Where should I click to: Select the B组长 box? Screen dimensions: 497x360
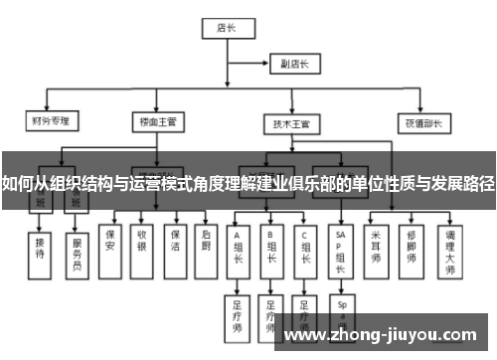coord(271,248)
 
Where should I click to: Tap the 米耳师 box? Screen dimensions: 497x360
coord(376,246)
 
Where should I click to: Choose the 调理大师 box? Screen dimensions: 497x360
coord(450,248)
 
